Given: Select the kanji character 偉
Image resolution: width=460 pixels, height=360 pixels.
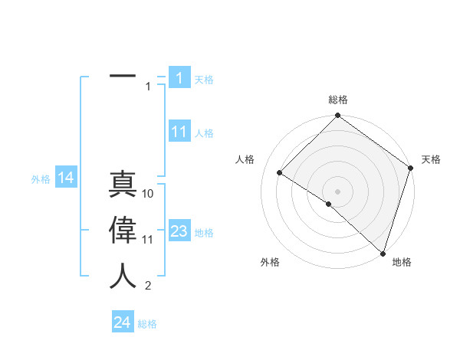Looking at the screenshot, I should coord(123,229).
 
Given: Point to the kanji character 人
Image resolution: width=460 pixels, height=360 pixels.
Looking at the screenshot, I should coord(123,276).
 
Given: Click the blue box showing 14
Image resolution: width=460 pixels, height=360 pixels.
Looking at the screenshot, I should coord(66,178).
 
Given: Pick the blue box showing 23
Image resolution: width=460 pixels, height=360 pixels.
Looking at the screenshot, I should coord(179,231).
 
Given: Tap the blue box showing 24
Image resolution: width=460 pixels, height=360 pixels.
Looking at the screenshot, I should coord(123,322).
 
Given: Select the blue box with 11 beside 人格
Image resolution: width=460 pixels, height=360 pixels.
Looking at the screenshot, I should coord(179,132).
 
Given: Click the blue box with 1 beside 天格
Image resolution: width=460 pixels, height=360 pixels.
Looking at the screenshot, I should coord(179,78).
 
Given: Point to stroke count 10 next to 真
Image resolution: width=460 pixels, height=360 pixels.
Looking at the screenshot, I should coord(148,194).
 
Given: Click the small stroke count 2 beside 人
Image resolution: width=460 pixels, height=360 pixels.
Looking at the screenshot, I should coord(148,286).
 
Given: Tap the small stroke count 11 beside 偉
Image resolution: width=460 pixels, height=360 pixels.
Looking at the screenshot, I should coord(148,240).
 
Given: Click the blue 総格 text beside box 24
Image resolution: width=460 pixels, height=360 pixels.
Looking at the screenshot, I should coord(147,324).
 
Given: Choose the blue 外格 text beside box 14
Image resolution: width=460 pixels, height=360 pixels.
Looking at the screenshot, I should coord(41,179).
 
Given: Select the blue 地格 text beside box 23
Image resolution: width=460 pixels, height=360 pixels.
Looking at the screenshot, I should coord(204,233).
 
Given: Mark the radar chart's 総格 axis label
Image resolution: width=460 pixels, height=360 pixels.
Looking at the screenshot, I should coord(337,100).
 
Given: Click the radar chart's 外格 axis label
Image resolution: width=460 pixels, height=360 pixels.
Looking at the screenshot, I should coord(270,262).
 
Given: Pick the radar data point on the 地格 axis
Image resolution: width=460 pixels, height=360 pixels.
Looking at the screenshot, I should coord(383,253).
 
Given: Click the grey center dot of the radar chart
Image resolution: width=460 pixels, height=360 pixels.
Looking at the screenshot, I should coord(337,191).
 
